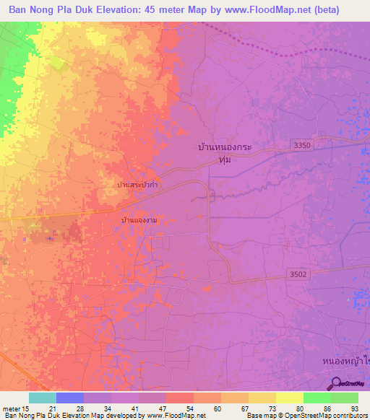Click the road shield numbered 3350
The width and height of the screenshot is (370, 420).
(303, 146)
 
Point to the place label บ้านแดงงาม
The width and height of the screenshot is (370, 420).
(139, 218)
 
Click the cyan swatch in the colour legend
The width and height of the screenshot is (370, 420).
(43, 398)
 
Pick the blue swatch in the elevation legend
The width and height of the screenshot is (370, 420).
(70, 398)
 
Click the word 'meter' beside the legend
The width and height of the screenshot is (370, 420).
(11, 408)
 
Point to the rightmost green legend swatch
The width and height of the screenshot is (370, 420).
(344, 398)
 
